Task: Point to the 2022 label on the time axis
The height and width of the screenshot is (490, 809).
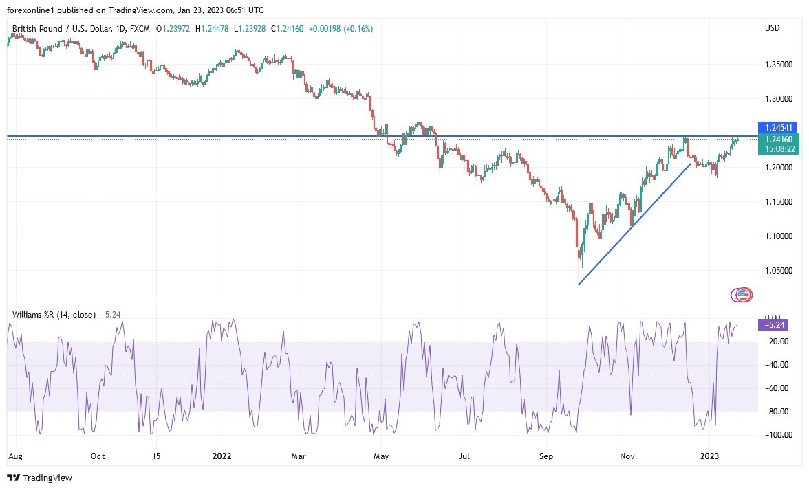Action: coord(222,456)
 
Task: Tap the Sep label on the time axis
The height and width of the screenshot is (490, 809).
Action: coord(546,456)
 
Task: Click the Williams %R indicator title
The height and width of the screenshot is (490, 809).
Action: coord(54,314)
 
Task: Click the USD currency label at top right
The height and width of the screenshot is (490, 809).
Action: coord(773,28)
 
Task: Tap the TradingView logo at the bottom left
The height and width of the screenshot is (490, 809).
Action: coord(39,478)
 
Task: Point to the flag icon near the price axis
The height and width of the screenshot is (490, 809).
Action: coord(742,295)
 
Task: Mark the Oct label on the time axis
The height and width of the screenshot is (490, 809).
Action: coord(98,456)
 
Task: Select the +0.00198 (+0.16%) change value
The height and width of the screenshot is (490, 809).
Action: coord(341,28)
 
